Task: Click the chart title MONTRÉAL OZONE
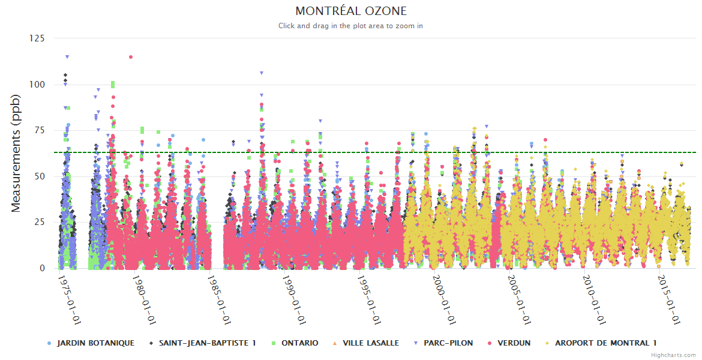point(351,11)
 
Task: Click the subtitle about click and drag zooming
point(351,26)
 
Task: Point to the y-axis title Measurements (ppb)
point(16,153)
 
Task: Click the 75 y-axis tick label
point(40,131)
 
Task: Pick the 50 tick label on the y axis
point(40,176)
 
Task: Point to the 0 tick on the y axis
point(42,268)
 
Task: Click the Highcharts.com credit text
point(673,355)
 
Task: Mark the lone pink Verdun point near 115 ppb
point(131,57)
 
